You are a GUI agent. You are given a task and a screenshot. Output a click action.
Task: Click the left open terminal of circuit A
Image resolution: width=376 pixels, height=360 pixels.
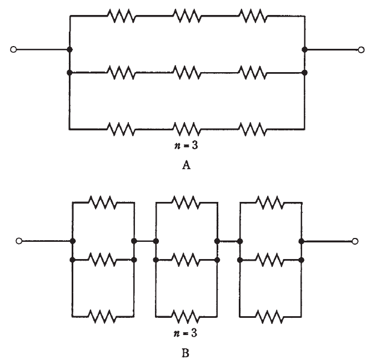click(x=13, y=50)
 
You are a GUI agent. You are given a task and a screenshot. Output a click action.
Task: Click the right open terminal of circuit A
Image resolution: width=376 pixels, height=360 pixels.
click(x=362, y=50)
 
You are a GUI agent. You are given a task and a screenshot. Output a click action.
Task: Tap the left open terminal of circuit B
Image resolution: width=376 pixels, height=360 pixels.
click(x=19, y=241)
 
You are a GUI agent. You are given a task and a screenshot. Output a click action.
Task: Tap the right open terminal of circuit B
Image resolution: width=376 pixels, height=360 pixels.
click(x=355, y=241)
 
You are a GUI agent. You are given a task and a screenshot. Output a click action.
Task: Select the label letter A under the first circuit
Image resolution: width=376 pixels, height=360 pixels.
click(x=187, y=164)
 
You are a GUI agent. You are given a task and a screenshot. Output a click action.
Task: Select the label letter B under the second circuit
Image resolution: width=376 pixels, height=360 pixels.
click(x=187, y=351)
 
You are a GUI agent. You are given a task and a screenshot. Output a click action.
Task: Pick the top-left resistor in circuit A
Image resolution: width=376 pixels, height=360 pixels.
click(x=121, y=17)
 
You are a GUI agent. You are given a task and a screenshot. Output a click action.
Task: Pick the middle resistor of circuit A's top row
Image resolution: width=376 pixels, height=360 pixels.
click(x=187, y=17)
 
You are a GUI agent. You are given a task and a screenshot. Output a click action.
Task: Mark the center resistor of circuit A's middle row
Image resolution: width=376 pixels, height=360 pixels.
click(x=187, y=73)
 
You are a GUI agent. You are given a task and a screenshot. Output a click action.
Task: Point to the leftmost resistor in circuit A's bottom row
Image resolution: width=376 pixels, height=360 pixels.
click(x=121, y=129)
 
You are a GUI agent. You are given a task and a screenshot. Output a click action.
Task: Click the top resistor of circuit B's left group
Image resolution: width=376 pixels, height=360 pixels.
click(x=103, y=203)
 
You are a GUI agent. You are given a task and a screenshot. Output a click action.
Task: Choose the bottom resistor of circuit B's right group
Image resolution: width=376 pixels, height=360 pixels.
click(x=270, y=316)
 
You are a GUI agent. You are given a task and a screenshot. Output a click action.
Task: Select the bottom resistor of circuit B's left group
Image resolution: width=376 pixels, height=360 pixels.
click(x=103, y=316)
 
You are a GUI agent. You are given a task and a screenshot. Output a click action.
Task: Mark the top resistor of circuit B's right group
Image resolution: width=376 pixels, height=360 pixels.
click(x=270, y=203)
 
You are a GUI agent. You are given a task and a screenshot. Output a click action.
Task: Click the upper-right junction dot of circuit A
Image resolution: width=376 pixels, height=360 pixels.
click(x=304, y=50)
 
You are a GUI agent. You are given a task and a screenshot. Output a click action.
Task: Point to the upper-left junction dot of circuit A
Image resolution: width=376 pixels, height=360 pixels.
click(x=69, y=50)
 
